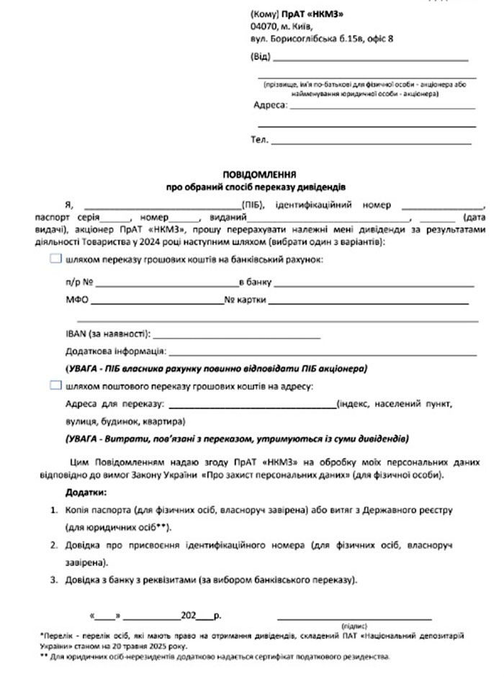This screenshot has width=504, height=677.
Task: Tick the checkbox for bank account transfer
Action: (x=55, y=259)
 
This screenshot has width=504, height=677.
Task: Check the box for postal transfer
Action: (x=55, y=386)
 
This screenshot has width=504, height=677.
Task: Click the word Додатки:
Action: (x=85, y=493)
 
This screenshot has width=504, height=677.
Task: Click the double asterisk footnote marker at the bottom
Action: (x=44, y=657)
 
